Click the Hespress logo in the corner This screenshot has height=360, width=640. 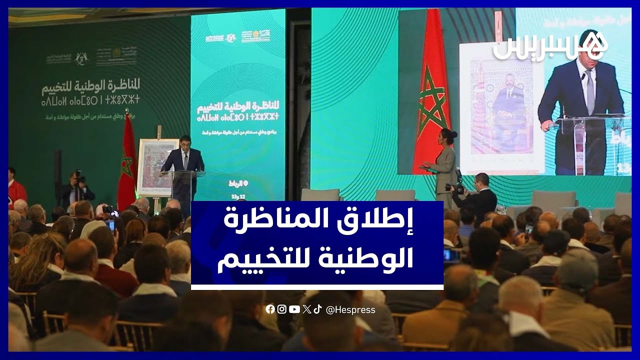(x=550, y=46)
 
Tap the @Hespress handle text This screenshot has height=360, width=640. (x=350, y=310)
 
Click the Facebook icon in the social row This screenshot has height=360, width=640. (x=270, y=309)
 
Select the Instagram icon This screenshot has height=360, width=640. (x=282, y=309)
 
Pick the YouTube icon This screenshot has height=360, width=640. (x=294, y=309)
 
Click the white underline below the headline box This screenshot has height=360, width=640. (x=317, y=287)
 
